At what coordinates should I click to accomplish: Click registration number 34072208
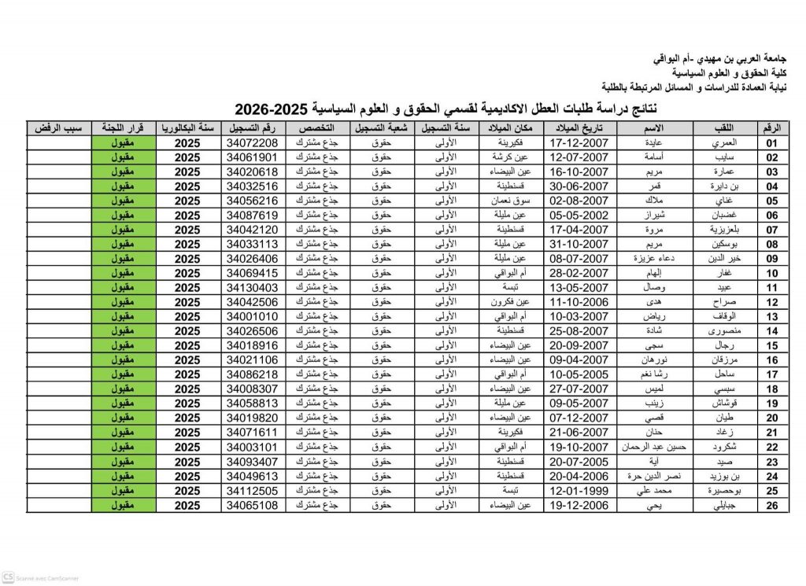click(x=251, y=143)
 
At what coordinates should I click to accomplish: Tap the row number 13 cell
click(x=771, y=316)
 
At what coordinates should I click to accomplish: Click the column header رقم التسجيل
click(x=251, y=128)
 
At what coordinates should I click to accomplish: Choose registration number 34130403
click(x=251, y=288)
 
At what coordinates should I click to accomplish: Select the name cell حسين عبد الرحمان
click(x=654, y=447)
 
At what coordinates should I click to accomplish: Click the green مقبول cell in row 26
click(x=120, y=505)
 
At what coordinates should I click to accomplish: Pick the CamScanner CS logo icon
click(x=9, y=577)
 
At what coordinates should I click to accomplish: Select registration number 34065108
click(x=251, y=505)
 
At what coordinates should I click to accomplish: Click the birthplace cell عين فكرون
click(x=512, y=302)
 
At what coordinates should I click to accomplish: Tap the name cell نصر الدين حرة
click(x=654, y=476)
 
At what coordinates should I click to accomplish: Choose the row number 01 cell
click(x=771, y=143)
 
